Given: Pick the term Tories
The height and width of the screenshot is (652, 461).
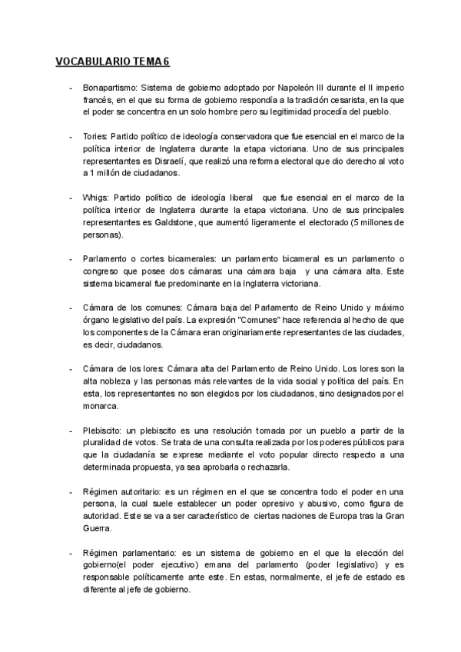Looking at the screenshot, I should pos(95,136).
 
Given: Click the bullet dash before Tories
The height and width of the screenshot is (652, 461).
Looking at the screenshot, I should pos(71,136).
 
